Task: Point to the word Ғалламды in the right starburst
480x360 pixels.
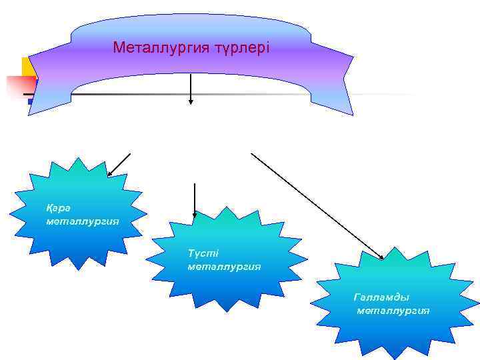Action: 381,297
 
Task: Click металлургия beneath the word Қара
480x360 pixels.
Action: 83,220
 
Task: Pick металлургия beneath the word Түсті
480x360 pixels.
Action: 224,267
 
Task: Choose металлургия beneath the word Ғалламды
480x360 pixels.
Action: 393,311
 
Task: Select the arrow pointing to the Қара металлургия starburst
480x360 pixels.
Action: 119,164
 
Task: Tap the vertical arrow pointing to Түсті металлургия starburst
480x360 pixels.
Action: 194,200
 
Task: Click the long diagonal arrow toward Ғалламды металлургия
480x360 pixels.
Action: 317,205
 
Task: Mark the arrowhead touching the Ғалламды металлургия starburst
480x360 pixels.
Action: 381,257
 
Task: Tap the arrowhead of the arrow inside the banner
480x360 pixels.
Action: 191,103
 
